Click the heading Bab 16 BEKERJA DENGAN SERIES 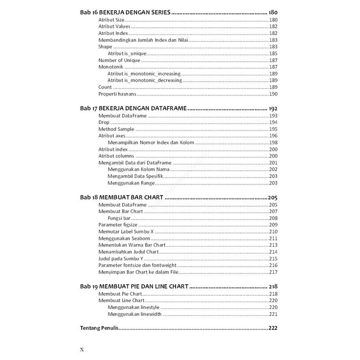[x=125, y=12]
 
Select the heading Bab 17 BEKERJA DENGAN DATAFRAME [x=133, y=108]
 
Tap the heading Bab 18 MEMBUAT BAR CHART [x=122, y=198]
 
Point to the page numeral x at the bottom [x=82, y=349]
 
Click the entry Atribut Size [x=111, y=20]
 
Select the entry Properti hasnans [x=117, y=94]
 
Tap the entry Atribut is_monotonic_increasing [x=144, y=74]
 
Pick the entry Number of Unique [x=119, y=60]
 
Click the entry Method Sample [x=116, y=129]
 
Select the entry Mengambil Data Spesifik [x=138, y=176]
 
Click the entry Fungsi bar [x=119, y=218]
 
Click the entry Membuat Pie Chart [x=120, y=294]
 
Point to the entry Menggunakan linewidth [x=134, y=314]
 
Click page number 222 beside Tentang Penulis [x=273, y=328]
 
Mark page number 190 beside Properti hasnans [x=273, y=94]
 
